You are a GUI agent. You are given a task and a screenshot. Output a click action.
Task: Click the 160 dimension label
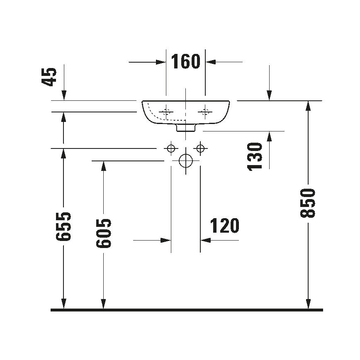185,62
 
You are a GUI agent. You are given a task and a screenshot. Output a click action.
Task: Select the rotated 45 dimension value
49,77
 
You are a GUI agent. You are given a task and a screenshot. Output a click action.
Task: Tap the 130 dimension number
255,156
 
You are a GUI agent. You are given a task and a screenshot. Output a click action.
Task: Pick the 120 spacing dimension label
225,226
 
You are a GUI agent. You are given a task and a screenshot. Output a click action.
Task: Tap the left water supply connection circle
170,148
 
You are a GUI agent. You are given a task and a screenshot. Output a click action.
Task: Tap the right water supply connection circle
200,148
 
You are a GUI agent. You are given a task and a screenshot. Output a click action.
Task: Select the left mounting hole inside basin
167,111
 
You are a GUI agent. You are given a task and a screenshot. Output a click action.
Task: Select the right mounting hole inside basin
204,111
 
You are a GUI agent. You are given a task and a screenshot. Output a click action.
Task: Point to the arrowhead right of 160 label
211,62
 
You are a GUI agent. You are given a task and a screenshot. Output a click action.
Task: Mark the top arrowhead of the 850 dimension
308,106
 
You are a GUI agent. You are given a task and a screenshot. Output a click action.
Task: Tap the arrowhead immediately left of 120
166,240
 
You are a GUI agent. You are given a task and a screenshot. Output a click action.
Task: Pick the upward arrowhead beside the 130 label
269,136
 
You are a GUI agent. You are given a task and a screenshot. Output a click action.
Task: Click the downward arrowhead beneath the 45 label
64,95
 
